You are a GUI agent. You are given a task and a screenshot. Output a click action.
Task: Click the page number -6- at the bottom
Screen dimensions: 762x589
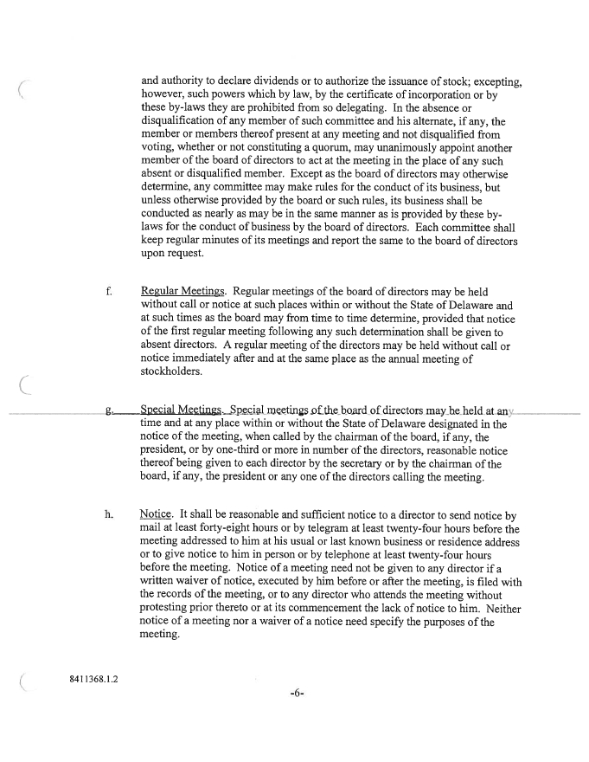297,718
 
